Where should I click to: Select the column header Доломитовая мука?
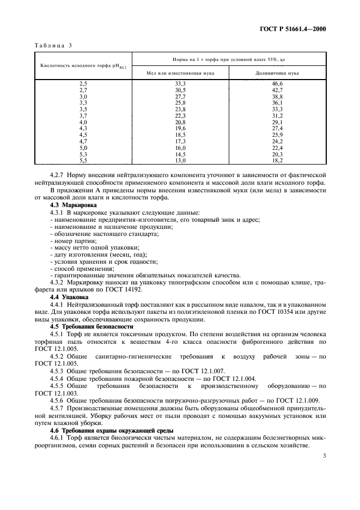(277, 72)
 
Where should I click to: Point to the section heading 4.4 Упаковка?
(69, 297)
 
